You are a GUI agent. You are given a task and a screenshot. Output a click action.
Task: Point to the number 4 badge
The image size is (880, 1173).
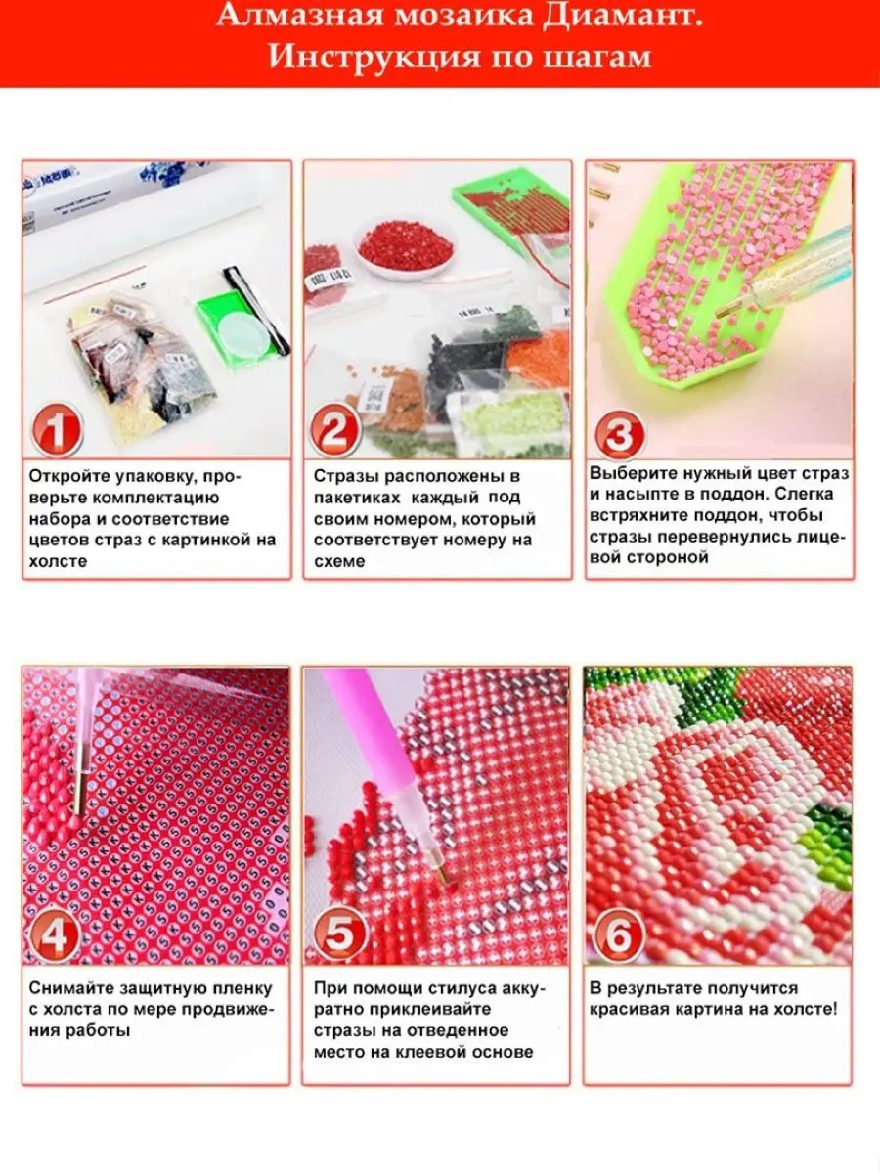pos(56,936)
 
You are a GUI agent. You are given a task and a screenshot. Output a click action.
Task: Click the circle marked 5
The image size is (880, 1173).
pos(338,936)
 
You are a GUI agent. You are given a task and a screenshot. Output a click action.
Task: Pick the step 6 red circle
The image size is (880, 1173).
pos(620,936)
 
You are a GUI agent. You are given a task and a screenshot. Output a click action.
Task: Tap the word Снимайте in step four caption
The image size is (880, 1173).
pos(68,988)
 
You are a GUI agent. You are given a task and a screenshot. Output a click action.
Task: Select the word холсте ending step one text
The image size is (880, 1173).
pos(58,561)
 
